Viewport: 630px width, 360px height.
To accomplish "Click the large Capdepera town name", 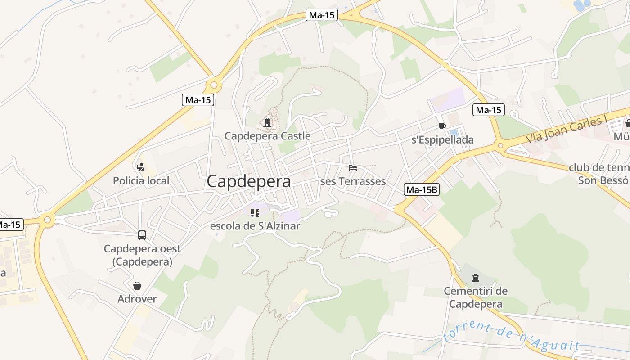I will pyautogui.click(x=248, y=181).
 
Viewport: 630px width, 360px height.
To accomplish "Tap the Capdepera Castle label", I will pyautogui.click(x=267, y=135).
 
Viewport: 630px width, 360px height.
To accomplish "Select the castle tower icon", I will pyautogui.click(x=267, y=122).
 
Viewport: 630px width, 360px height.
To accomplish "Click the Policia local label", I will pyautogui.click(x=141, y=181).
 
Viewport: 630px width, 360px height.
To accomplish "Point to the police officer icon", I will pyautogui.click(x=141, y=167).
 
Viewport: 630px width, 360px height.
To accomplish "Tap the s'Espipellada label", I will pyautogui.click(x=442, y=139).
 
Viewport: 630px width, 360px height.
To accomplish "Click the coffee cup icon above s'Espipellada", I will pyautogui.click(x=442, y=126).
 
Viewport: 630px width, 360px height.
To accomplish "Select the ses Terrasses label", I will pyautogui.click(x=353, y=181).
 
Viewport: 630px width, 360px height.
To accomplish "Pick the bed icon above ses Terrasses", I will pyautogui.click(x=353, y=168).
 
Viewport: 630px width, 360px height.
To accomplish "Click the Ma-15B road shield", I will pyautogui.click(x=421, y=189).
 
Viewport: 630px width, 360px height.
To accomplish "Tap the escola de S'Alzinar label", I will pyautogui.click(x=255, y=226).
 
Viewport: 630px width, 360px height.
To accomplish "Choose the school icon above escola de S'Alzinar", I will pyautogui.click(x=255, y=212).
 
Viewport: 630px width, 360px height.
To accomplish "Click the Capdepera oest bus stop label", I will pyautogui.click(x=142, y=255).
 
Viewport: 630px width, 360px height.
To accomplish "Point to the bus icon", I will pyautogui.click(x=142, y=235).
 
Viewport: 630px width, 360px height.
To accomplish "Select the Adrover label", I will pyautogui.click(x=137, y=299).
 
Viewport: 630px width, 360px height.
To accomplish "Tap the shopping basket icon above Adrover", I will pyautogui.click(x=137, y=286).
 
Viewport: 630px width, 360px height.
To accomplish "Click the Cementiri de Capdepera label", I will pyautogui.click(x=476, y=297).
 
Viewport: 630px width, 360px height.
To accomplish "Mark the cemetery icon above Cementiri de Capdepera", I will pyautogui.click(x=476, y=277).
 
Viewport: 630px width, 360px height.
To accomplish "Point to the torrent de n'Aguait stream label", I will pyautogui.click(x=511, y=337).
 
